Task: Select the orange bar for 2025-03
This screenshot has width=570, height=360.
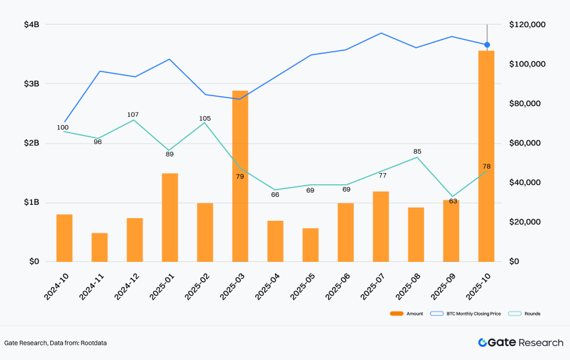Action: pyautogui.click(x=241, y=176)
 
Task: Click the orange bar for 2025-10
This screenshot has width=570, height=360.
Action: pyautogui.click(x=486, y=156)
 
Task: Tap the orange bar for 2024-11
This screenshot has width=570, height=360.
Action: pyautogui.click(x=99, y=247)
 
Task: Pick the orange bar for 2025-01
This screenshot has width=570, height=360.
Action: pyautogui.click(x=170, y=217)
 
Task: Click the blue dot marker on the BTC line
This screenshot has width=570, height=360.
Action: pyautogui.click(x=487, y=44)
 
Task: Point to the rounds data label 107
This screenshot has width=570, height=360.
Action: pyautogui.click(x=133, y=115)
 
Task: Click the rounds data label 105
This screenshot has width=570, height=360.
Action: pyautogui.click(x=205, y=118)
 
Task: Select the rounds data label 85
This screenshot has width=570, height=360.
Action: pyautogui.click(x=418, y=151)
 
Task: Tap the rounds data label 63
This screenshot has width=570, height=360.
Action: pyautogui.click(x=453, y=201)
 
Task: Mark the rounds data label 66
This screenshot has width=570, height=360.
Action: pyautogui.click(x=275, y=194)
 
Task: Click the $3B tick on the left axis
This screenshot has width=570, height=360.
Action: pyautogui.click(x=32, y=84)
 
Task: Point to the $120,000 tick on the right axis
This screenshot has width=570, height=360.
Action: pyautogui.click(x=528, y=25)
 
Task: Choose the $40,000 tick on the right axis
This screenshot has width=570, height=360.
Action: pyautogui.click(x=525, y=182)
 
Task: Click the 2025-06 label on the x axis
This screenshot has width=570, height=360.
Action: pyautogui.click(x=338, y=286)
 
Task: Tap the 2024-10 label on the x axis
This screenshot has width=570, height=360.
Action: pyautogui.click(x=56, y=286)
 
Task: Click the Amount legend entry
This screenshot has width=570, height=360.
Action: pyautogui.click(x=406, y=314)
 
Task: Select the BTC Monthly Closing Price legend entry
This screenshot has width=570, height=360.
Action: pyautogui.click(x=465, y=314)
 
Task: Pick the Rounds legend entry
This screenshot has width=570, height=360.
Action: pyautogui.click(x=524, y=314)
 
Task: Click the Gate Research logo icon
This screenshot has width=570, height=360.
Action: pyautogui.click(x=483, y=343)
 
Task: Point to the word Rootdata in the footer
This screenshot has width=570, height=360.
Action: pyautogui.click(x=94, y=343)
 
